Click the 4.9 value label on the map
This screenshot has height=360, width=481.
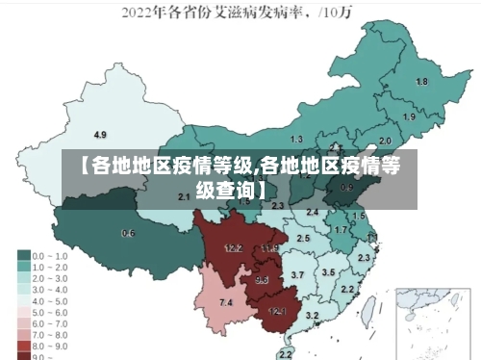click(100, 134)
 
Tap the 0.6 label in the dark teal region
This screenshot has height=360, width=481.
click(128, 233)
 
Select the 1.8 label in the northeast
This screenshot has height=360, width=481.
click(420, 82)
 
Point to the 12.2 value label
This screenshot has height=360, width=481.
click(234, 247)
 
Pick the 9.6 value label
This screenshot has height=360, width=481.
click(262, 280)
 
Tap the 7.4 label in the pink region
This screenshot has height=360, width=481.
click(226, 303)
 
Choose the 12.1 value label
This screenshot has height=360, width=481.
click(277, 311)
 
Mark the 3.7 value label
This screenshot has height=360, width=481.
click(297, 275)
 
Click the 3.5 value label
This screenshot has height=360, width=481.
click(328, 272)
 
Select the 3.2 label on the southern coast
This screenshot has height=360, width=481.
click(312, 315)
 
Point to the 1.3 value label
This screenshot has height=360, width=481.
click(296, 141)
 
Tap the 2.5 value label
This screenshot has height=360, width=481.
click(303, 238)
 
